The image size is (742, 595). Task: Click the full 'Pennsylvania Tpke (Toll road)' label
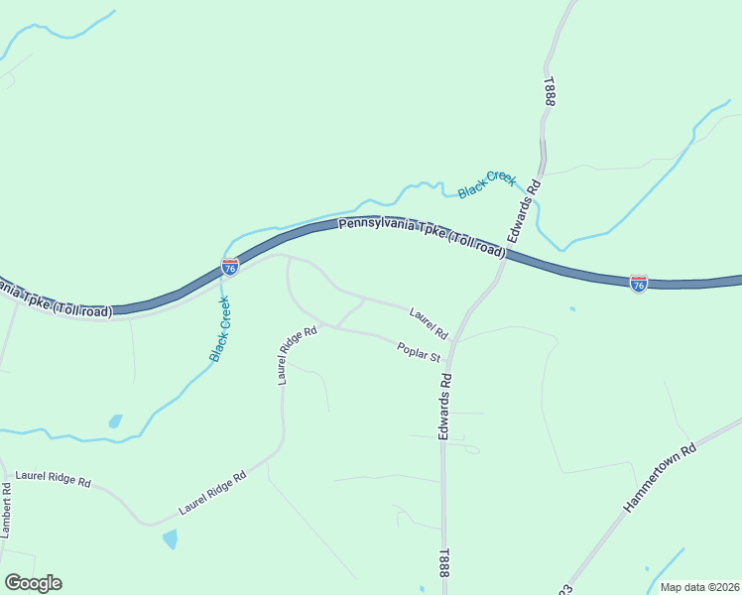click(x=422, y=238)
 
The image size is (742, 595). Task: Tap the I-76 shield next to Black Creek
click(x=230, y=267)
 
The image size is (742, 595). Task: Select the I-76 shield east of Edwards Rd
click(x=639, y=284)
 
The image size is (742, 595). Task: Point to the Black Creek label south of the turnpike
click(x=220, y=328)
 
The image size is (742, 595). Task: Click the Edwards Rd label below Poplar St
click(x=446, y=407)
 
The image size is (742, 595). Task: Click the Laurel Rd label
click(x=430, y=320)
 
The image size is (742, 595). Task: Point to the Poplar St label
click(x=418, y=351)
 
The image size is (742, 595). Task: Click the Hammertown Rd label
click(x=662, y=478)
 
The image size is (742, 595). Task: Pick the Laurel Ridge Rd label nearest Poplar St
click(x=297, y=354)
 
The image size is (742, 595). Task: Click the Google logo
click(x=33, y=583)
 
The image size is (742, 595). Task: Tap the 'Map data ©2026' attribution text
click(x=698, y=587)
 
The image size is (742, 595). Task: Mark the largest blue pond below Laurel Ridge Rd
click(x=170, y=539)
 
